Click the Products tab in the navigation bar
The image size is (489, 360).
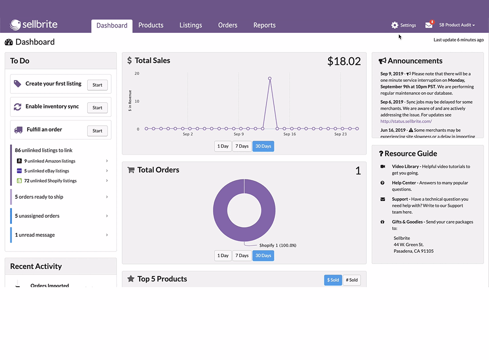(151, 25)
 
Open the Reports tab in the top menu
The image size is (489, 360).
(265, 25)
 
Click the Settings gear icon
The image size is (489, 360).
(395, 25)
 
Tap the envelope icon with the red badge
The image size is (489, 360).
(429, 24)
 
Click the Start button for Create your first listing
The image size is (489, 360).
(97, 85)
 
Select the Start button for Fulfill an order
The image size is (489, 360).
(97, 131)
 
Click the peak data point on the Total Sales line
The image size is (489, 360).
(270, 79)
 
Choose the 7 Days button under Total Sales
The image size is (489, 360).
(242, 146)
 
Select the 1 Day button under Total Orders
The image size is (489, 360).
(223, 256)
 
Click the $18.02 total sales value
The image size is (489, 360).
(344, 61)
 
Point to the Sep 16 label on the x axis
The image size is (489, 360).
(289, 134)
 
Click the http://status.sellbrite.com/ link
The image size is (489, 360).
(406, 121)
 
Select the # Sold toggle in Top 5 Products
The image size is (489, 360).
(352, 280)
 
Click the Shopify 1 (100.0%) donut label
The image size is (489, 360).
(278, 245)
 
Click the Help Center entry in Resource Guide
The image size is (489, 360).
(404, 183)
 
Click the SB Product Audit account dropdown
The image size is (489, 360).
(457, 25)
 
